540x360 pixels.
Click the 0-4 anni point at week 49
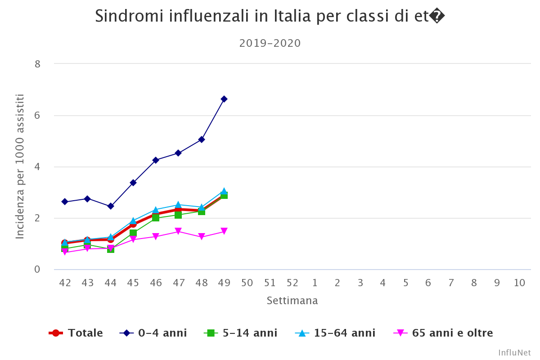coord(224,99)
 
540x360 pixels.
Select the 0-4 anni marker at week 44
coord(111,206)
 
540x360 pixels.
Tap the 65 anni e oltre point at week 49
coord(224,232)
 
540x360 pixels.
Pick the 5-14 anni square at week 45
coord(133,233)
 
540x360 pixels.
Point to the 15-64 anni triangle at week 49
coord(224,192)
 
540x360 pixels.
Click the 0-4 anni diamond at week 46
coord(156,160)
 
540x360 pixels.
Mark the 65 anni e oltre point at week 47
coord(178,231)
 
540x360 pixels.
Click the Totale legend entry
coord(76,333)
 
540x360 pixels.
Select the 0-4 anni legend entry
coord(153,333)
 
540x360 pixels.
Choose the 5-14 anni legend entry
coord(241,333)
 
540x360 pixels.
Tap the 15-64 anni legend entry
coord(335,333)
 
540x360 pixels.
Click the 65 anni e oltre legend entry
coord(443,333)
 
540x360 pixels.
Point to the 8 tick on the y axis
coord(37,64)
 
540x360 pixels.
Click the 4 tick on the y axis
coord(37,167)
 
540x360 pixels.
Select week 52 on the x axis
coord(292,283)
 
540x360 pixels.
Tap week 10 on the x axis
coord(519,283)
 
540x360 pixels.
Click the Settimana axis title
coord(292,301)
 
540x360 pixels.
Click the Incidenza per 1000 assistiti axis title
coord(20,166)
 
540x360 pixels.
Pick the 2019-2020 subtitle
coord(270,43)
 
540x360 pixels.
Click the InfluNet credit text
coord(514,353)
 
